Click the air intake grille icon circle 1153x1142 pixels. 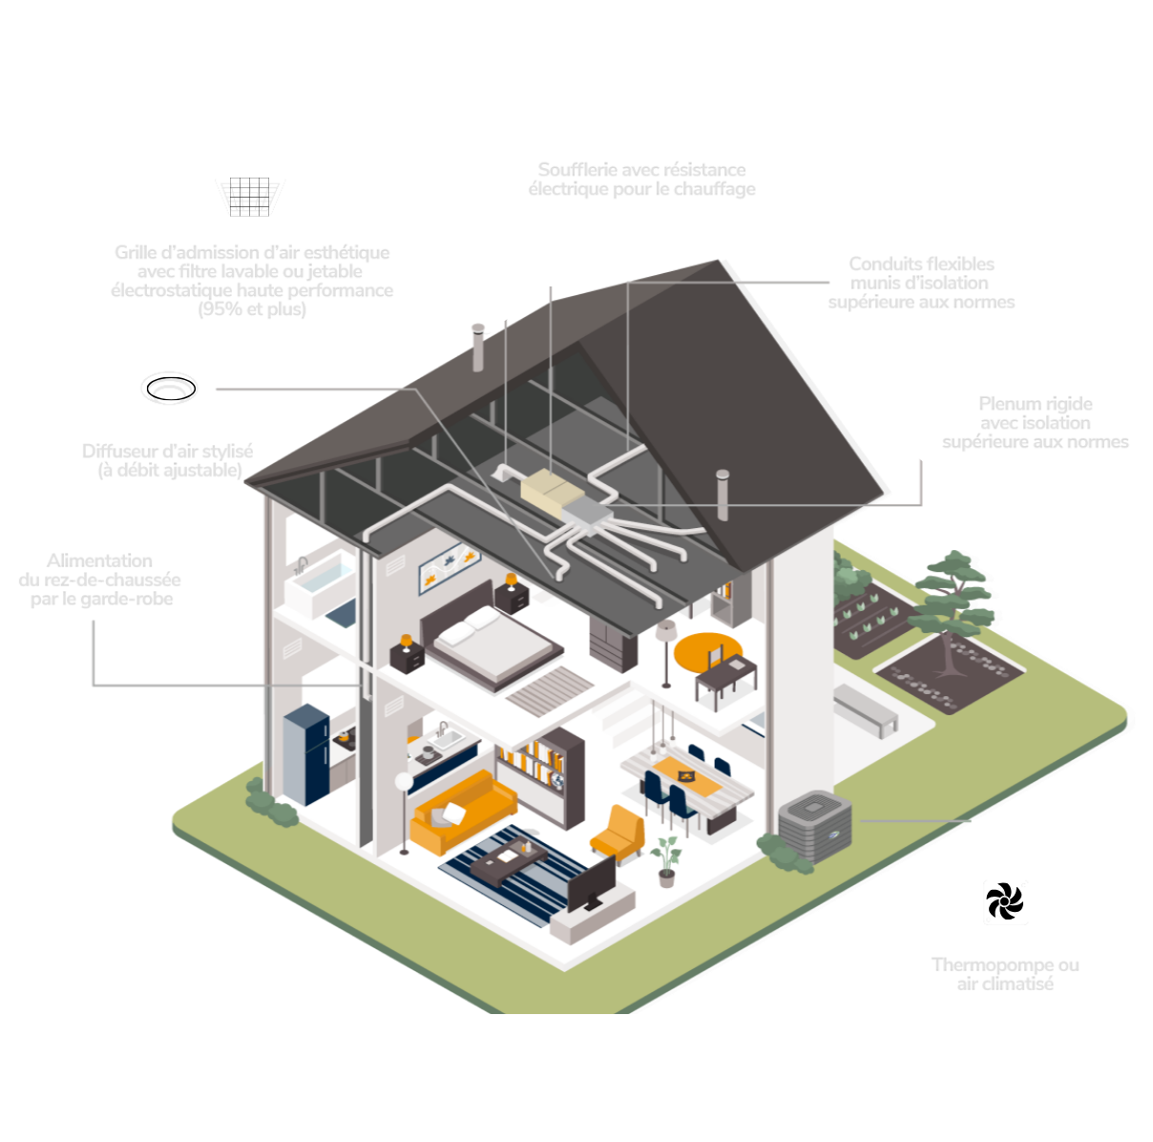point(249,192)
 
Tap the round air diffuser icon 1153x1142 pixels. point(169,388)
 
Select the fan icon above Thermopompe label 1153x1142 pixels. point(1005,901)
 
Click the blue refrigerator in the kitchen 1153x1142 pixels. point(307,753)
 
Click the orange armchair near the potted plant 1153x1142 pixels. point(618,833)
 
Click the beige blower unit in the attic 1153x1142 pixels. point(551,489)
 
